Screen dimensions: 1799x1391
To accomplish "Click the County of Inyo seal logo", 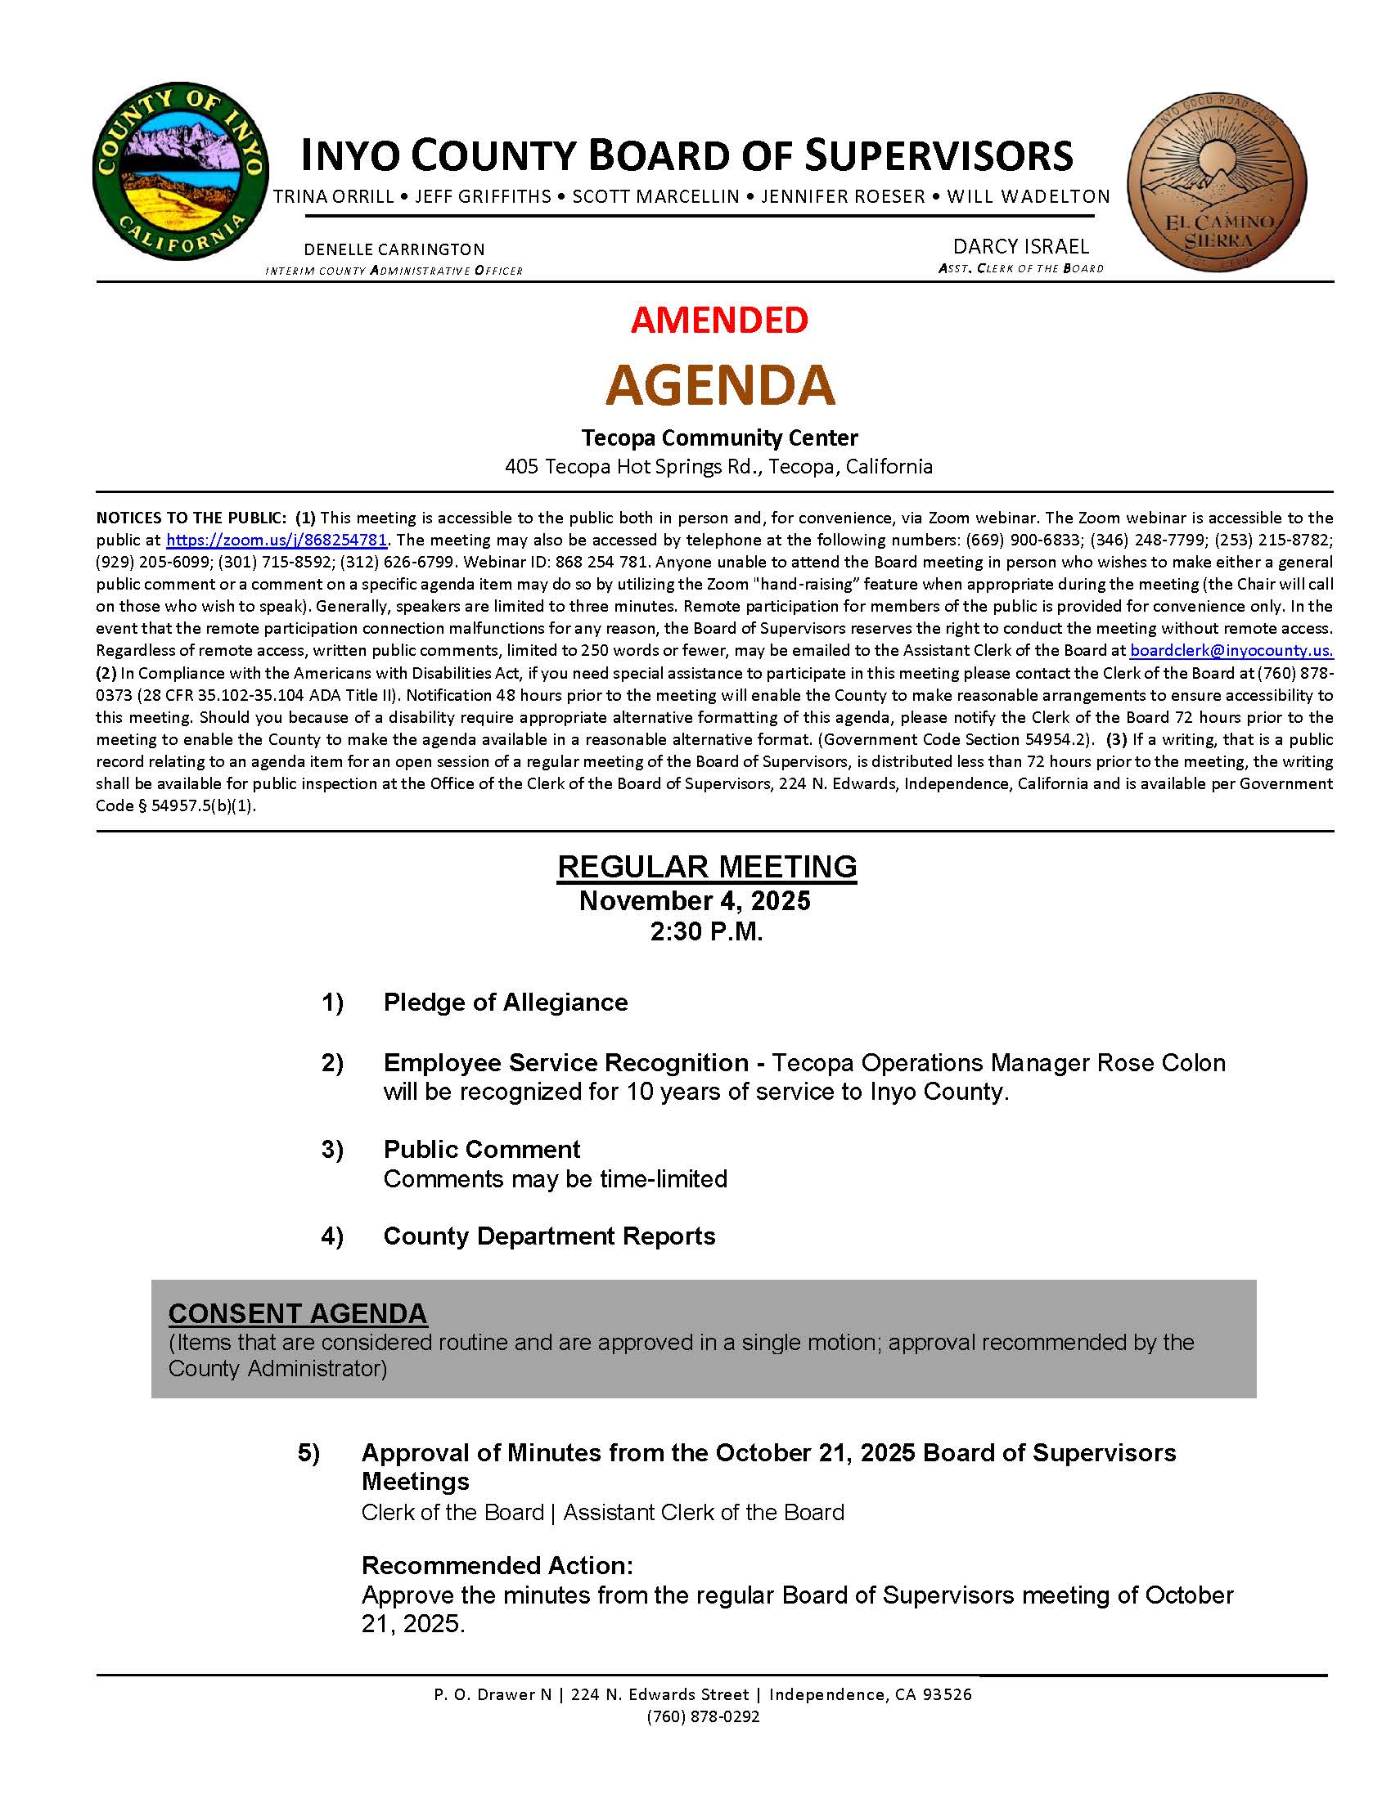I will (x=181, y=171).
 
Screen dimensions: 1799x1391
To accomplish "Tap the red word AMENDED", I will (x=719, y=320).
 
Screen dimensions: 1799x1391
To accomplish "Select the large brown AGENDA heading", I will (x=720, y=384).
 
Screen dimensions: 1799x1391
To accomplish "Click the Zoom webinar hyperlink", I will (x=276, y=541).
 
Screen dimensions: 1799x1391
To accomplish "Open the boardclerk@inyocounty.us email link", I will (x=1231, y=650).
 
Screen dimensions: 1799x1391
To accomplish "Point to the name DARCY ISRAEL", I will (x=1020, y=246).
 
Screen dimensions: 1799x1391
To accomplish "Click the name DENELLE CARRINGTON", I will (x=394, y=249).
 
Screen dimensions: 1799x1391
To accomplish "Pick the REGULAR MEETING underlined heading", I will (x=707, y=867).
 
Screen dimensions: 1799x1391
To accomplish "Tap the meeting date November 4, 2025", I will (x=695, y=900).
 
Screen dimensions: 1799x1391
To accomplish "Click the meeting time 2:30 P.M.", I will (x=706, y=931).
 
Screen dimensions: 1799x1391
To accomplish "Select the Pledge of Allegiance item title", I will (x=505, y=1003).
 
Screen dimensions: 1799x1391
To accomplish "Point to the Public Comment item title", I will (x=481, y=1149).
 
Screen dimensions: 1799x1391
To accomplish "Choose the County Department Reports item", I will (x=549, y=1236).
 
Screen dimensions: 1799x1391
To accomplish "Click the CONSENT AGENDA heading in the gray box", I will (x=298, y=1313).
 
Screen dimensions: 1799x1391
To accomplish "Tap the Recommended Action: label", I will (x=497, y=1565).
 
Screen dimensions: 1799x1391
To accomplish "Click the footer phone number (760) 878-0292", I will (x=703, y=1716).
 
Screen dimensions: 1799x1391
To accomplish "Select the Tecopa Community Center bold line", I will (x=719, y=437).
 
